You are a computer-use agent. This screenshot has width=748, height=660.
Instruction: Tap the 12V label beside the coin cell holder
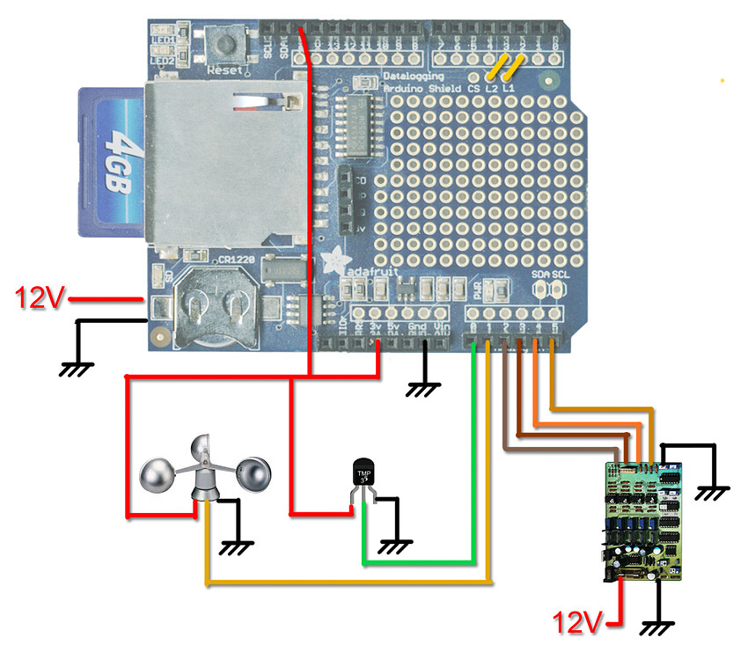tap(39, 299)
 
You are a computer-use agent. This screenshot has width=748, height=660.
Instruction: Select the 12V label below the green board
tap(577, 623)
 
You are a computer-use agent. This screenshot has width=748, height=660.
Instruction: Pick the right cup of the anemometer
tap(255, 474)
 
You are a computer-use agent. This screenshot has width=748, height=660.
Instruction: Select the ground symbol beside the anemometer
tap(233, 546)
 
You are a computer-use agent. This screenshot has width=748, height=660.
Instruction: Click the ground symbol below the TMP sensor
tap(392, 545)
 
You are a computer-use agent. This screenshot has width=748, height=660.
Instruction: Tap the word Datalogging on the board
tap(414, 77)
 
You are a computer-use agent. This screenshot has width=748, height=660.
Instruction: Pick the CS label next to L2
tap(473, 90)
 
